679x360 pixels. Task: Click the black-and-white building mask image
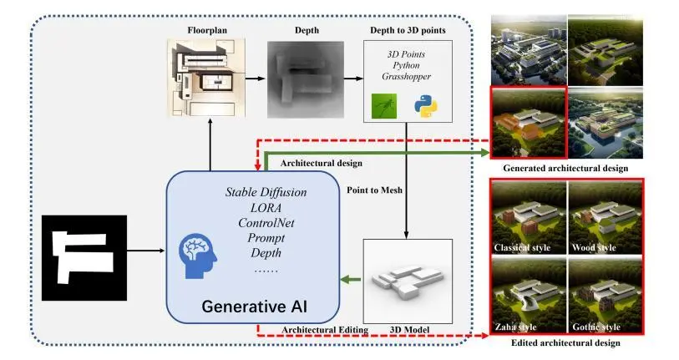click(85, 257)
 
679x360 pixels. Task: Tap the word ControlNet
click(266, 223)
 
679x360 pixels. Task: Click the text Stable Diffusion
click(266, 192)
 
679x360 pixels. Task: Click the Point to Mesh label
click(374, 191)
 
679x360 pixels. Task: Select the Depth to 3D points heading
click(407, 31)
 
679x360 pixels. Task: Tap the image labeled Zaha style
click(529, 295)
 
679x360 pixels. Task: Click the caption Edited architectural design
click(566, 342)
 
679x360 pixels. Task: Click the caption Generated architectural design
click(565, 169)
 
